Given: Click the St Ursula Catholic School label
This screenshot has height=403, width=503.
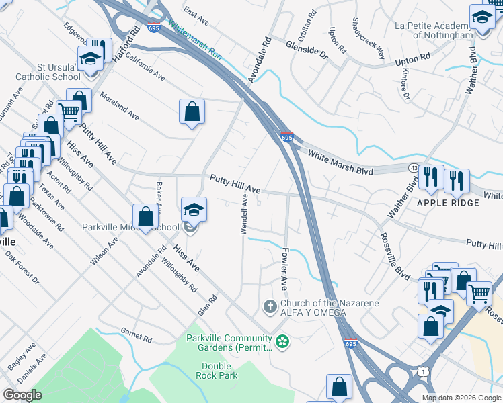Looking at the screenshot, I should pos(44,72).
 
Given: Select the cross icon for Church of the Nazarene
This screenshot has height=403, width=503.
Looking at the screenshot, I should pos(269,307).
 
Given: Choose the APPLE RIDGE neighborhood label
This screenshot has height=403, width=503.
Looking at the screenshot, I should pos(442,202).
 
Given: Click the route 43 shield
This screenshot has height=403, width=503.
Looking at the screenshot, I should pos(412,167).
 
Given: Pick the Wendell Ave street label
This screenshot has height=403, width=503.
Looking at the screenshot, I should pos(245,215).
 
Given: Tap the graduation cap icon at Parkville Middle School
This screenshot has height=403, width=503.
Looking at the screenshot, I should pos(194,210).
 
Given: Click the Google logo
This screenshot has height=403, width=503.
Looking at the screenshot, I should pos(23,395).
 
